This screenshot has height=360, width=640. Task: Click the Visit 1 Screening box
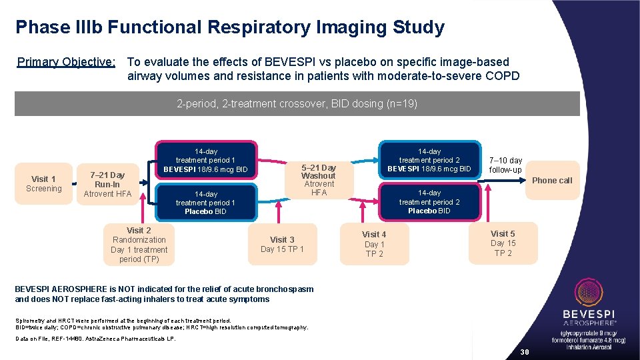tap(44, 183)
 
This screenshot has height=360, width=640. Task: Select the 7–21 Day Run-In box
tap(107, 184)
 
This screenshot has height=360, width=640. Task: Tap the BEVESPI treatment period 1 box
tap(205, 161)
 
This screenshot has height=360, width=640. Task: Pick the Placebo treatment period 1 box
tap(205, 203)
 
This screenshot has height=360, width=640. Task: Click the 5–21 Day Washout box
tap(319, 179)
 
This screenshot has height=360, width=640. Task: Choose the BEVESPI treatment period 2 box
tap(429, 161)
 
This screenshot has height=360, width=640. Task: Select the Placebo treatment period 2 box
tap(429, 202)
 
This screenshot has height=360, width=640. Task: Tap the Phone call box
tap(552, 180)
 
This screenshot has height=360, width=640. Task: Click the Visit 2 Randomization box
tap(139, 245)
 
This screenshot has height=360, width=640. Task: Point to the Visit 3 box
tap(282, 244)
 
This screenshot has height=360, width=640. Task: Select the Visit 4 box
tap(374, 244)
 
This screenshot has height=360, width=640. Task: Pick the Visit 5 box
tap(503, 243)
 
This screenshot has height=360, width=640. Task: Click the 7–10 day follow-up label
tap(506, 165)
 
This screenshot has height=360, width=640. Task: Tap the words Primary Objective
tap(66, 62)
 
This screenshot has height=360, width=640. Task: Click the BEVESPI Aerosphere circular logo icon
tap(589, 293)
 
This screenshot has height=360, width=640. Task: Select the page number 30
tap(524, 352)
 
